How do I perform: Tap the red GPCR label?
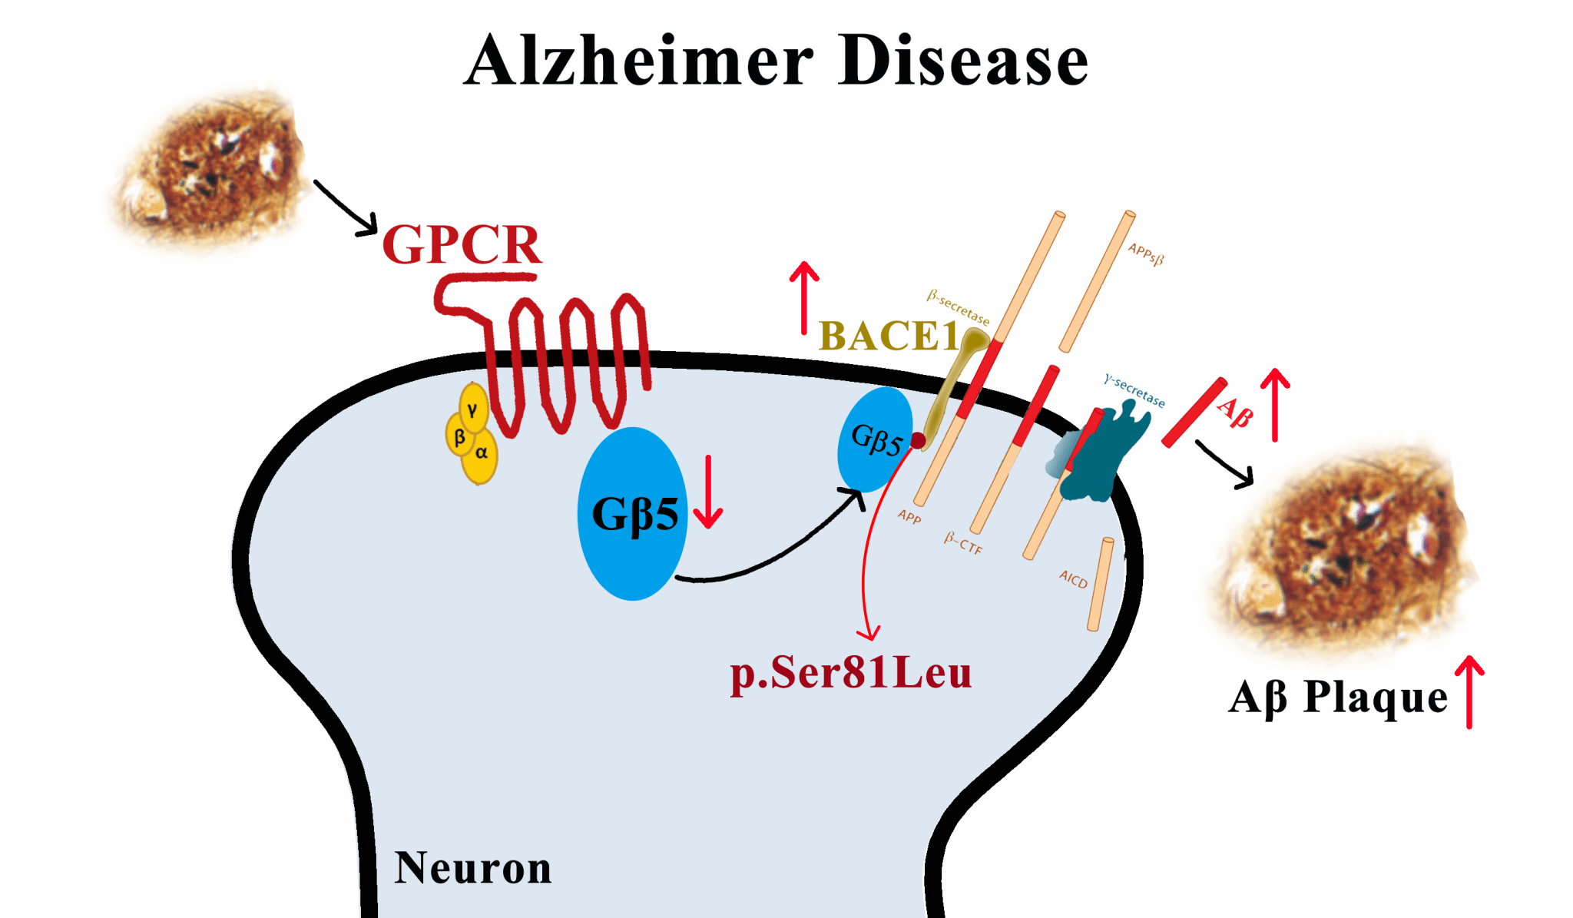[x=462, y=244]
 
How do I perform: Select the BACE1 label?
[x=889, y=336]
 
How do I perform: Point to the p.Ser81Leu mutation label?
[x=850, y=673]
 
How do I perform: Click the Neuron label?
[x=472, y=868]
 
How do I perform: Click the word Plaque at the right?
[x=1376, y=698]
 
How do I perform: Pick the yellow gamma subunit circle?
[x=473, y=409]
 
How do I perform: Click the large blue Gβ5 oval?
[x=632, y=513]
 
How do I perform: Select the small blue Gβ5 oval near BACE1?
[x=874, y=439]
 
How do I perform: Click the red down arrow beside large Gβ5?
[x=708, y=492]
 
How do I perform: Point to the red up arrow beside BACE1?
[x=804, y=297]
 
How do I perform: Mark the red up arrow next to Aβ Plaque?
[x=1469, y=691]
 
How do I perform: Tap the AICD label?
[x=1073, y=578]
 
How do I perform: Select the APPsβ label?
[x=1145, y=254]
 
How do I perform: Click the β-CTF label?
[x=963, y=543]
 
